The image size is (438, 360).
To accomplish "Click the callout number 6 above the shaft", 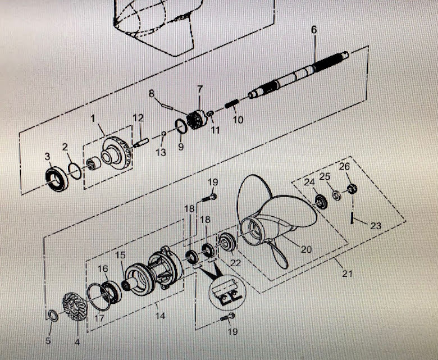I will (x=313, y=29).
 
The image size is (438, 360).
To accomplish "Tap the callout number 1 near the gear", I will (x=94, y=120).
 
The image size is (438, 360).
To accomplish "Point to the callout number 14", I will (x=160, y=316).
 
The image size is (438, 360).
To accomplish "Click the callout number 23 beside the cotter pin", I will (x=375, y=226).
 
